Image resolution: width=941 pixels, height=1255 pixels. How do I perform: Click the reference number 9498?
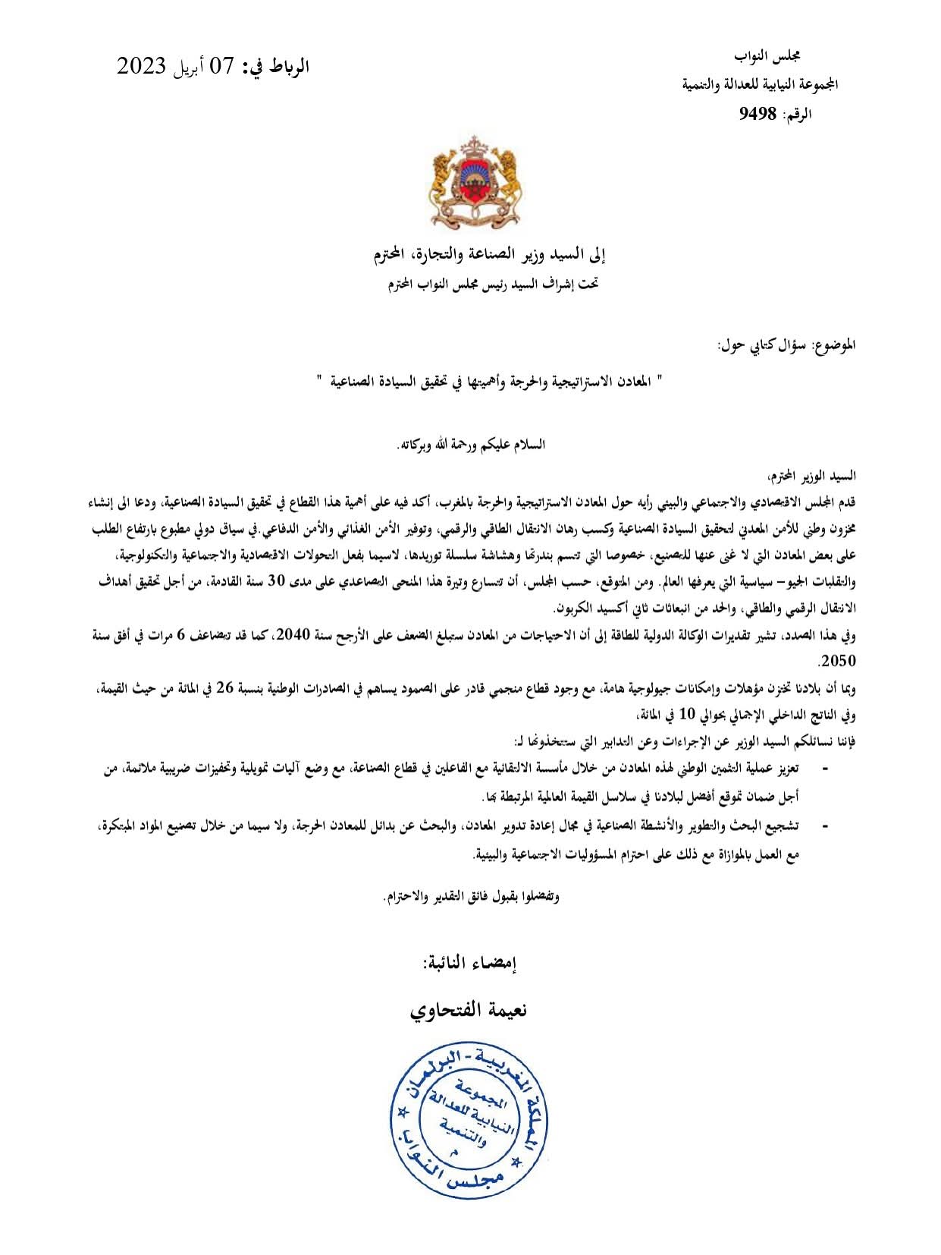pyautogui.click(x=757, y=115)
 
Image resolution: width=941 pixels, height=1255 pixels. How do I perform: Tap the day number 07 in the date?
pyautogui.click(x=221, y=67)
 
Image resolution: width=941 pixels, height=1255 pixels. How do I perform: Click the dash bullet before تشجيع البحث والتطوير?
pyautogui.click(x=826, y=826)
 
